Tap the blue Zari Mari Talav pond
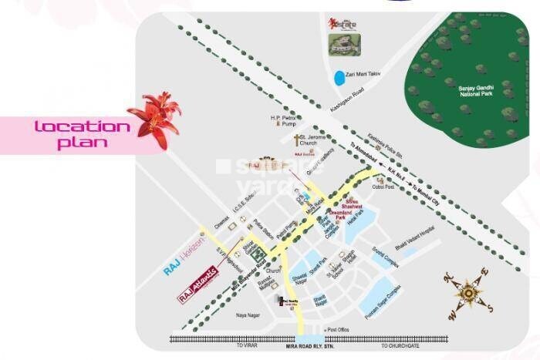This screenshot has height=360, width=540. pyautogui.click(x=339, y=79)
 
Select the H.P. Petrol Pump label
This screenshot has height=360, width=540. pyautogui.click(x=283, y=122)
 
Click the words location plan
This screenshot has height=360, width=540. pyautogui.click(x=82, y=134)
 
